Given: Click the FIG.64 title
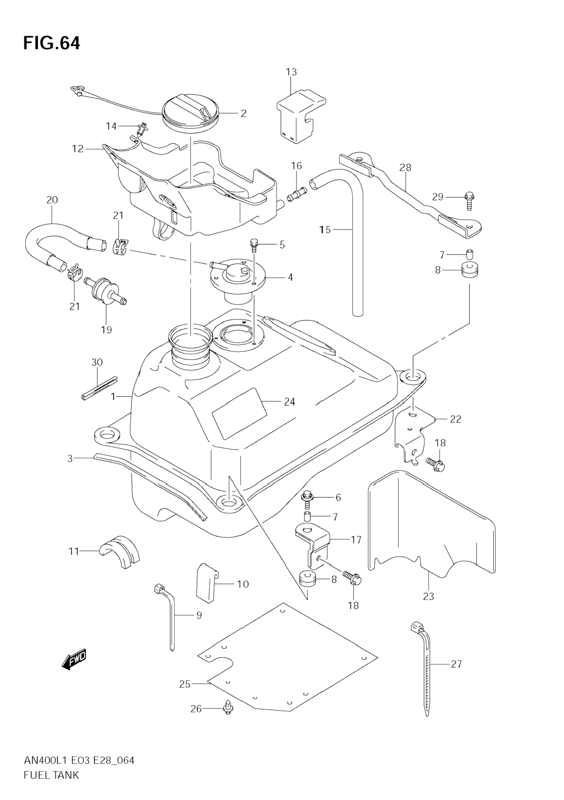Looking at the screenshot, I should pos(52,43).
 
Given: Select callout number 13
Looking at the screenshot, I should pos(291,72).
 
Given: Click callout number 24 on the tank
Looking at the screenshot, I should pos(289,402).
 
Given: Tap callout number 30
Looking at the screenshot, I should pos(97,362).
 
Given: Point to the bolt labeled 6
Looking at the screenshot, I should pos(308,499).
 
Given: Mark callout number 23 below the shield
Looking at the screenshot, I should pos(429,597).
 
